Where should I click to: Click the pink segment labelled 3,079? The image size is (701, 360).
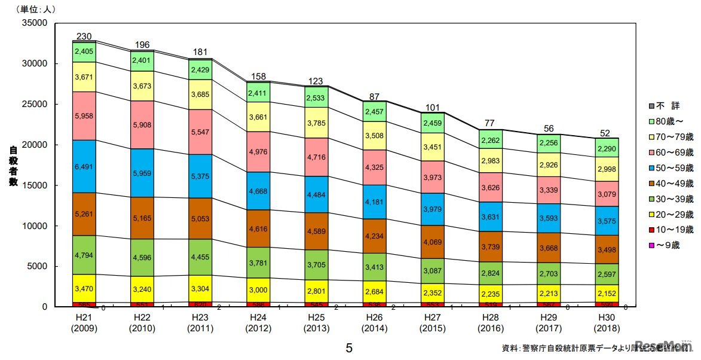coord(606,194)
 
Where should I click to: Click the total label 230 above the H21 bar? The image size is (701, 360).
coord(84,36)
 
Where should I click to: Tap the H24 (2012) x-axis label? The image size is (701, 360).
coord(258,324)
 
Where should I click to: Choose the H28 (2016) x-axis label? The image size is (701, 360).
coord(490,324)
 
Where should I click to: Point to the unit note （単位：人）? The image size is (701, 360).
coord(30,9)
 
